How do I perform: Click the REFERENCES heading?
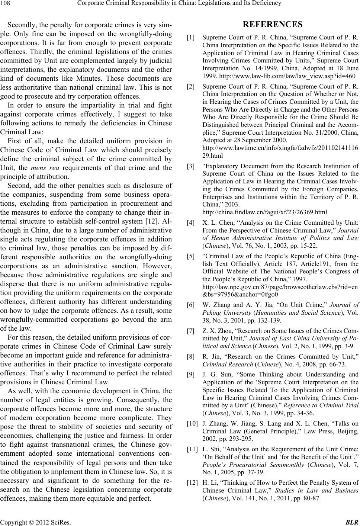click(272, 25)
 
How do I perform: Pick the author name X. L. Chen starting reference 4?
click(216, 223)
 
